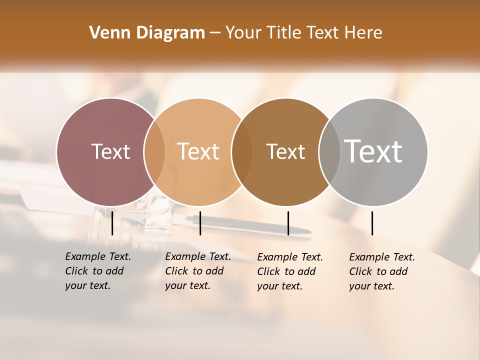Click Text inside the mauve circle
(x=110, y=151)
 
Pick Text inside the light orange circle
(x=198, y=151)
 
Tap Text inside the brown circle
(x=285, y=151)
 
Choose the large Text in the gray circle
(x=373, y=151)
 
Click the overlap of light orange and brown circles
(x=242, y=152)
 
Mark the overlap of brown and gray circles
(x=329, y=152)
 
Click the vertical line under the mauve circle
(x=112, y=223)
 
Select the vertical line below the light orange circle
(x=200, y=223)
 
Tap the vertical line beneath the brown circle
(x=288, y=223)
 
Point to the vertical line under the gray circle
(x=372, y=223)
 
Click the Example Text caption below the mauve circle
(x=97, y=271)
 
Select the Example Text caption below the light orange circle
(x=197, y=271)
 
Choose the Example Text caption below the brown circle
(x=289, y=271)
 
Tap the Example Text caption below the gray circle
(x=381, y=271)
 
